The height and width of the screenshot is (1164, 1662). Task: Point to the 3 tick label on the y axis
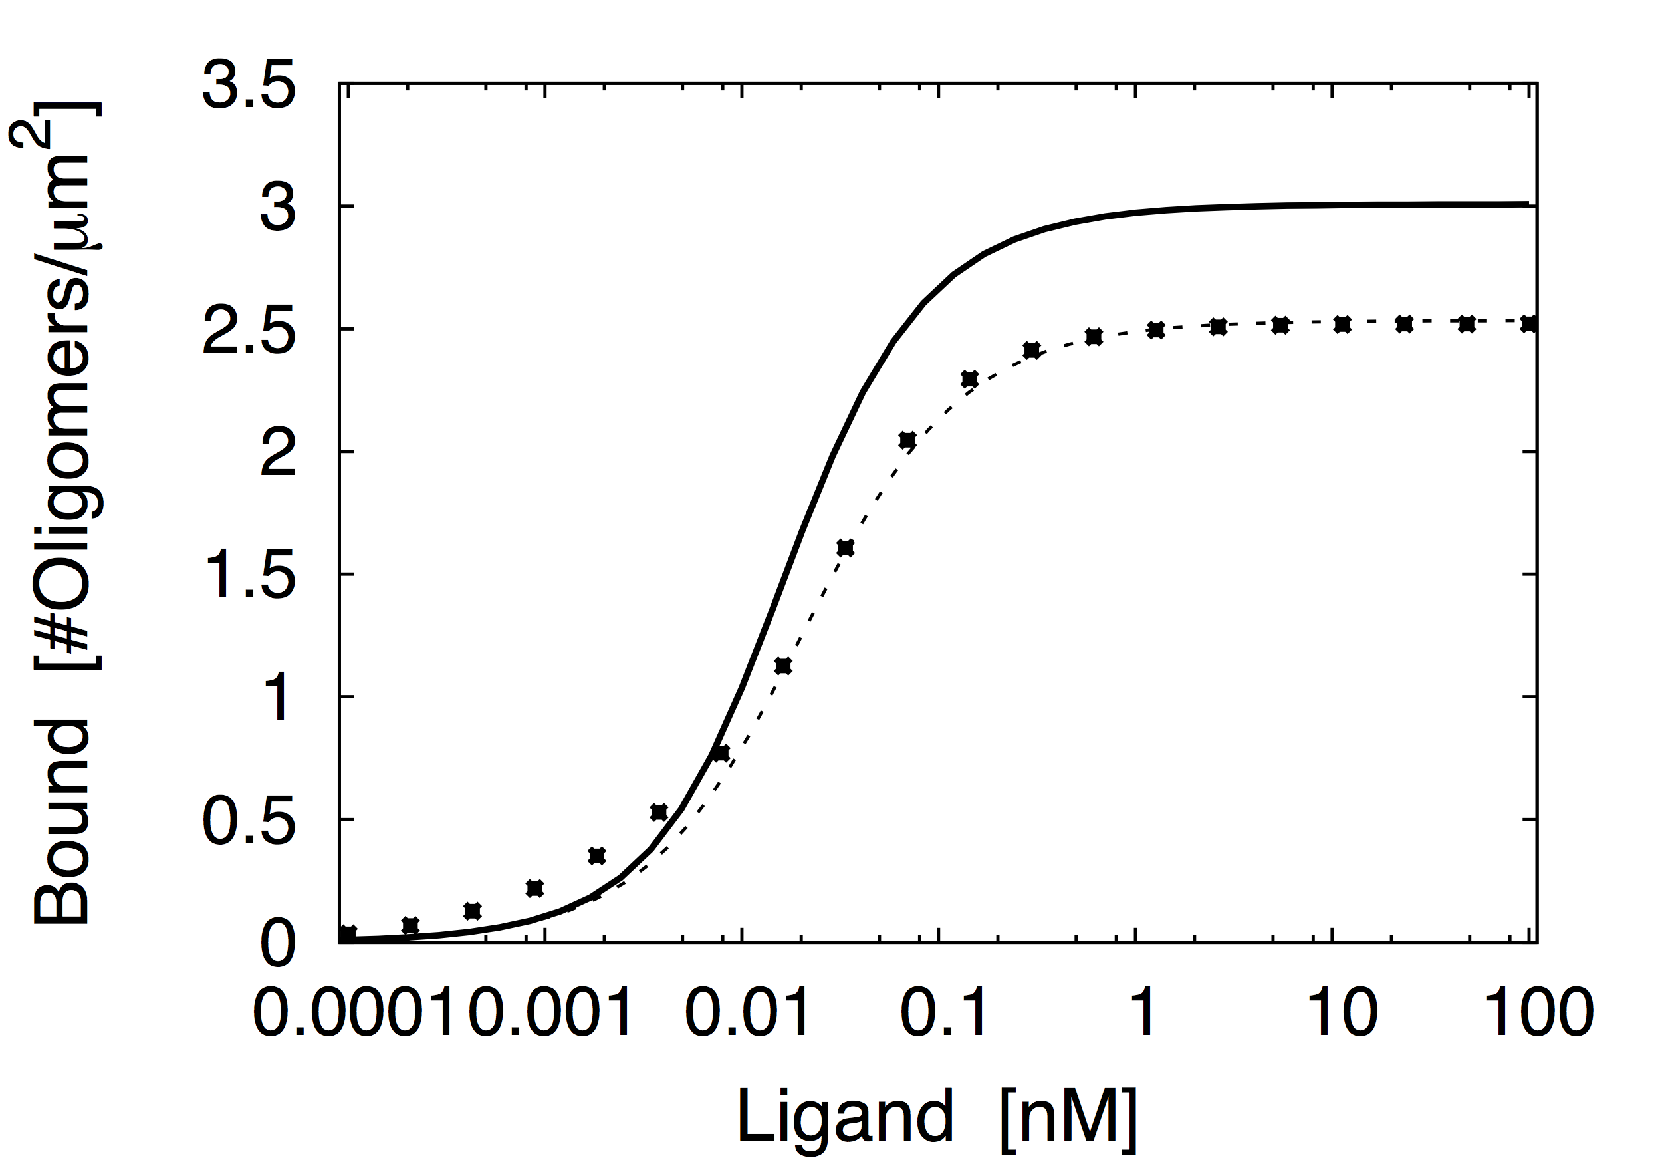tap(278, 208)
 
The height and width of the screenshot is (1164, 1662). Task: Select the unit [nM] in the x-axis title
tap(1068, 1117)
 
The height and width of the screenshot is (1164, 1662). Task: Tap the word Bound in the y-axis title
tap(62, 823)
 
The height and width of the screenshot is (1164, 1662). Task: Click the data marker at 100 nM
tap(1528, 324)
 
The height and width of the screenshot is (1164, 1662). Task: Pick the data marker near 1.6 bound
tap(846, 547)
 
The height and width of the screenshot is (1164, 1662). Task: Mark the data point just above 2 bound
tap(907, 440)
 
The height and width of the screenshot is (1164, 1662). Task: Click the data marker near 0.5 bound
tap(659, 812)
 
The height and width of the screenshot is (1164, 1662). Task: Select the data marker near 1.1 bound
tap(783, 666)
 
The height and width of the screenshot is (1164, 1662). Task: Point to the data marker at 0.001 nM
tap(535, 888)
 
